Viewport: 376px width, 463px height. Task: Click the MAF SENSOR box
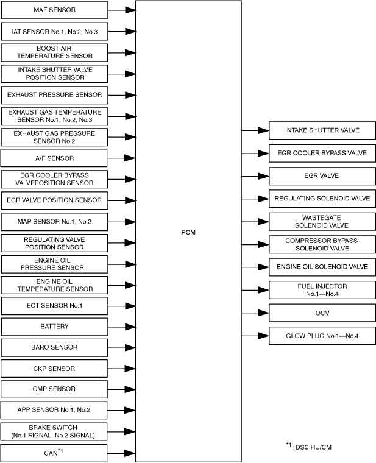[x=54, y=10]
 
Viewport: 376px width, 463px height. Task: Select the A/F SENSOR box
[x=54, y=158]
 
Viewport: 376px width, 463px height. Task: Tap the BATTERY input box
[x=54, y=327]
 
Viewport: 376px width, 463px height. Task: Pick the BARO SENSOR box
[x=54, y=347]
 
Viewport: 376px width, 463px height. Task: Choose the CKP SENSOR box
[x=54, y=369]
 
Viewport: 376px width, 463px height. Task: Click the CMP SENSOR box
[x=54, y=389]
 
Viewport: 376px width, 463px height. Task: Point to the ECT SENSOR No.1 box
[x=54, y=305]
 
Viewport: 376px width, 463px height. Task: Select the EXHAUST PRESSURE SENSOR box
[x=54, y=95]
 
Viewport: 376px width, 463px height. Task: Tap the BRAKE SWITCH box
[x=54, y=431]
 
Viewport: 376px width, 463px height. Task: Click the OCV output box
[x=322, y=313]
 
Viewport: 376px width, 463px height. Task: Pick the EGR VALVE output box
[x=322, y=175]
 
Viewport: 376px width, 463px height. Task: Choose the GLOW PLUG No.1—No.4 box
[x=322, y=335]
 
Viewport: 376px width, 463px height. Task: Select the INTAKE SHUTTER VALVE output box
[x=322, y=130]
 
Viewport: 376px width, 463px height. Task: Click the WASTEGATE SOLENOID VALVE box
[x=322, y=221]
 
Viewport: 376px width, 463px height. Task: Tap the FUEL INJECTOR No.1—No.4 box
[x=322, y=289]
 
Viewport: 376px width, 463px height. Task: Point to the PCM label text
[x=188, y=232]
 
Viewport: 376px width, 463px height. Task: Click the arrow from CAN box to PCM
[x=122, y=453]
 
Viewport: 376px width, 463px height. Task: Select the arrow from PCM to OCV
[x=255, y=313]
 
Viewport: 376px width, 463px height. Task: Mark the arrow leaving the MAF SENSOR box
[x=122, y=10]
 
